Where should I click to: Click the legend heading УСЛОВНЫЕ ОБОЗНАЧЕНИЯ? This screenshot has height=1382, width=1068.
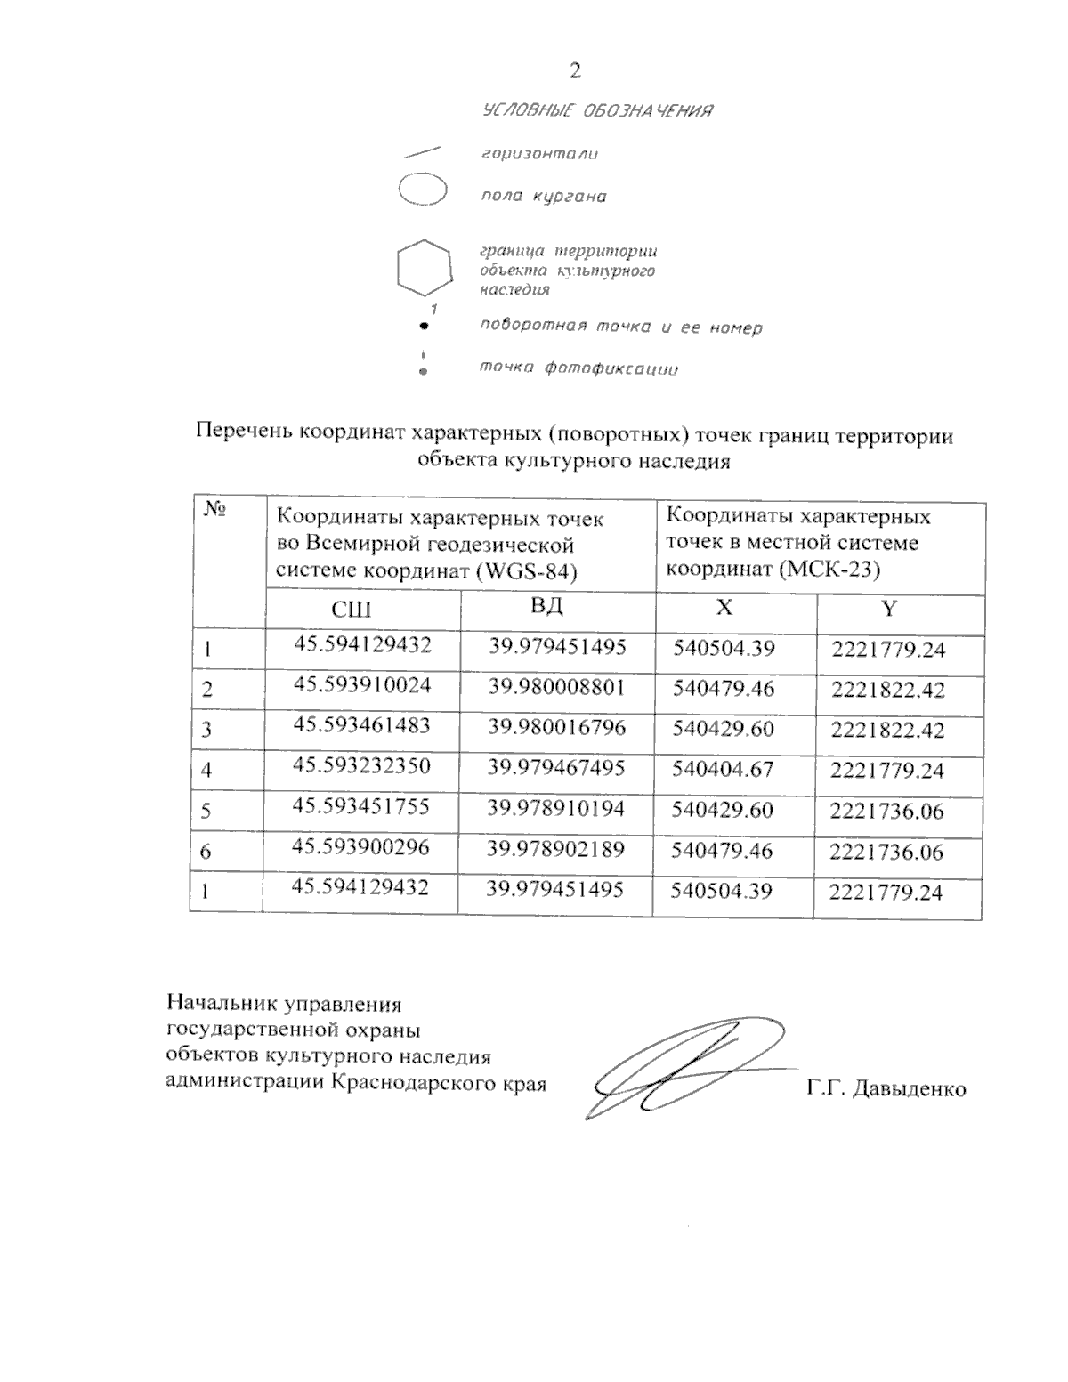pyautogui.click(x=597, y=111)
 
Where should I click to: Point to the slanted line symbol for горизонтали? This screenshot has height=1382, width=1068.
pyautogui.click(x=424, y=151)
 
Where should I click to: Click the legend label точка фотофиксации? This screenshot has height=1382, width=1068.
pyautogui.click(x=579, y=368)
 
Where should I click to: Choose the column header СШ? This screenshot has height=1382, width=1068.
pyautogui.click(x=351, y=610)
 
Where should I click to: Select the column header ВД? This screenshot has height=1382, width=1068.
pyautogui.click(x=546, y=607)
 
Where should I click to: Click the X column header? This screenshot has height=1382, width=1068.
pyautogui.click(x=725, y=608)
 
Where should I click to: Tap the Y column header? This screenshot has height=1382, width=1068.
pyautogui.click(x=888, y=609)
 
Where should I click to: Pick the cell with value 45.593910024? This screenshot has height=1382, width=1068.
pyautogui.click(x=362, y=685)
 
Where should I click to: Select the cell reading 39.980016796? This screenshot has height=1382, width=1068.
pyautogui.click(x=557, y=727)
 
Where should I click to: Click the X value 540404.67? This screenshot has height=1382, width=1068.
pyautogui.click(x=723, y=769)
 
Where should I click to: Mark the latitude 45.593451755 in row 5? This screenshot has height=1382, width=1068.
pyautogui.click(x=361, y=806)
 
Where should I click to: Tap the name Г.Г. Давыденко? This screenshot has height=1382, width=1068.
pyautogui.click(x=886, y=1088)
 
